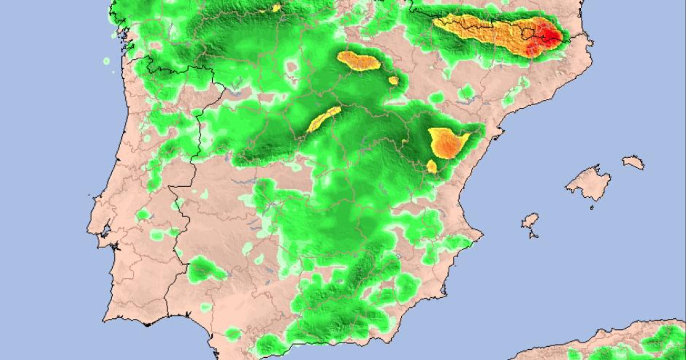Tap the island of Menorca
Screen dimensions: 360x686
click(x=633, y=162)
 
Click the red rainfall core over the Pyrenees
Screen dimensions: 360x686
click(x=551, y=36)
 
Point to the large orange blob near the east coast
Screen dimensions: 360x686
click(x=448, y=143)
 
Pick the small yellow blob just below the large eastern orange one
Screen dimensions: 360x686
click(x=432, y=166)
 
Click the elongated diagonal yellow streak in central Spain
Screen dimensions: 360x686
click(x=324, y=119)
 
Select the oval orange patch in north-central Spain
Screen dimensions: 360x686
click(x=358, y=61)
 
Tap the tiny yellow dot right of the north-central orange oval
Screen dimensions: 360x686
click(x=393, y=81)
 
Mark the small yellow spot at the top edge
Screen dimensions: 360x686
click(x=277, y=8)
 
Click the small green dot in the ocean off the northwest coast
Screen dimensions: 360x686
click(x=106, y=61)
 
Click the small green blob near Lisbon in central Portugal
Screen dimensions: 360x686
click(x=142, y=215)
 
